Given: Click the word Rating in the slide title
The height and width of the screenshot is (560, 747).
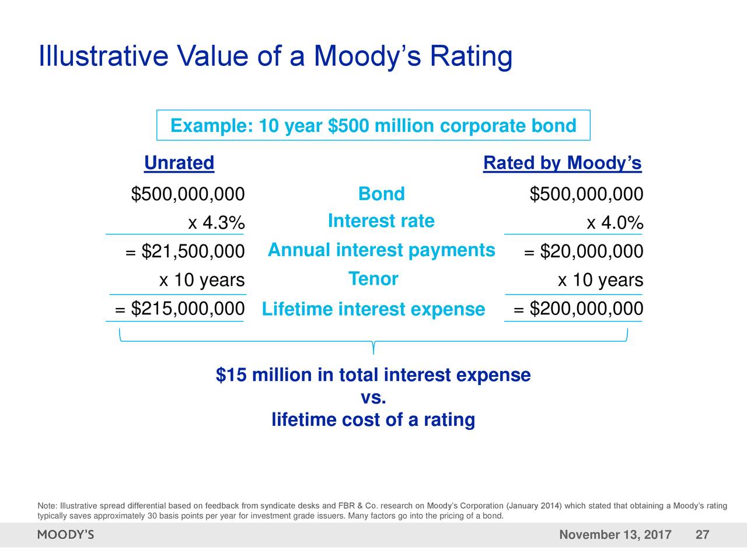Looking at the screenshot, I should click(x=471, y=57).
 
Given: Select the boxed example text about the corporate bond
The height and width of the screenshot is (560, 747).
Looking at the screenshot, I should click(x=373, y=125).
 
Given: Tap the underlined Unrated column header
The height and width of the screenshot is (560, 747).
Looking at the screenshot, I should click(x=179, y=163).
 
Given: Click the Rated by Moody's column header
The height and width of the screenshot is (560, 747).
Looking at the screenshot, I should click(x=562, y=163).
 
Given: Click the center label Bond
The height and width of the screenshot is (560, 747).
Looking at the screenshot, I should click(x=381, y=194).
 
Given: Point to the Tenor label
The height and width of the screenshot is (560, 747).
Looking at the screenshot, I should click(x=373, y=279).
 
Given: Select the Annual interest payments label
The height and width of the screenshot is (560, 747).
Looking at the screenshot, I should click(x=381, y=250).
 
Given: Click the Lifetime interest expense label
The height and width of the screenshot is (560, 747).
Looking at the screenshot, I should click(x=373, y=309).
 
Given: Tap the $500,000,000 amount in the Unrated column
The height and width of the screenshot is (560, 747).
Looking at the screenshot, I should click(x=187, y=194).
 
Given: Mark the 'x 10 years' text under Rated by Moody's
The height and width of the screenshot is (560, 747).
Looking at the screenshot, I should click(x=601, y=281).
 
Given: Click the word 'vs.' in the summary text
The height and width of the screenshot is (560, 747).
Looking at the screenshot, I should click(x=373, y=398).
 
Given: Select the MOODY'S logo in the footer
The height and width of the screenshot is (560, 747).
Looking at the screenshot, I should click(x=65, y=535).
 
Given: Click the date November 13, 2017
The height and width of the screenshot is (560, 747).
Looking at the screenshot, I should click(x=615, y=535).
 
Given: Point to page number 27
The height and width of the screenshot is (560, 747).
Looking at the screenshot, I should click(x=703, y=535).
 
